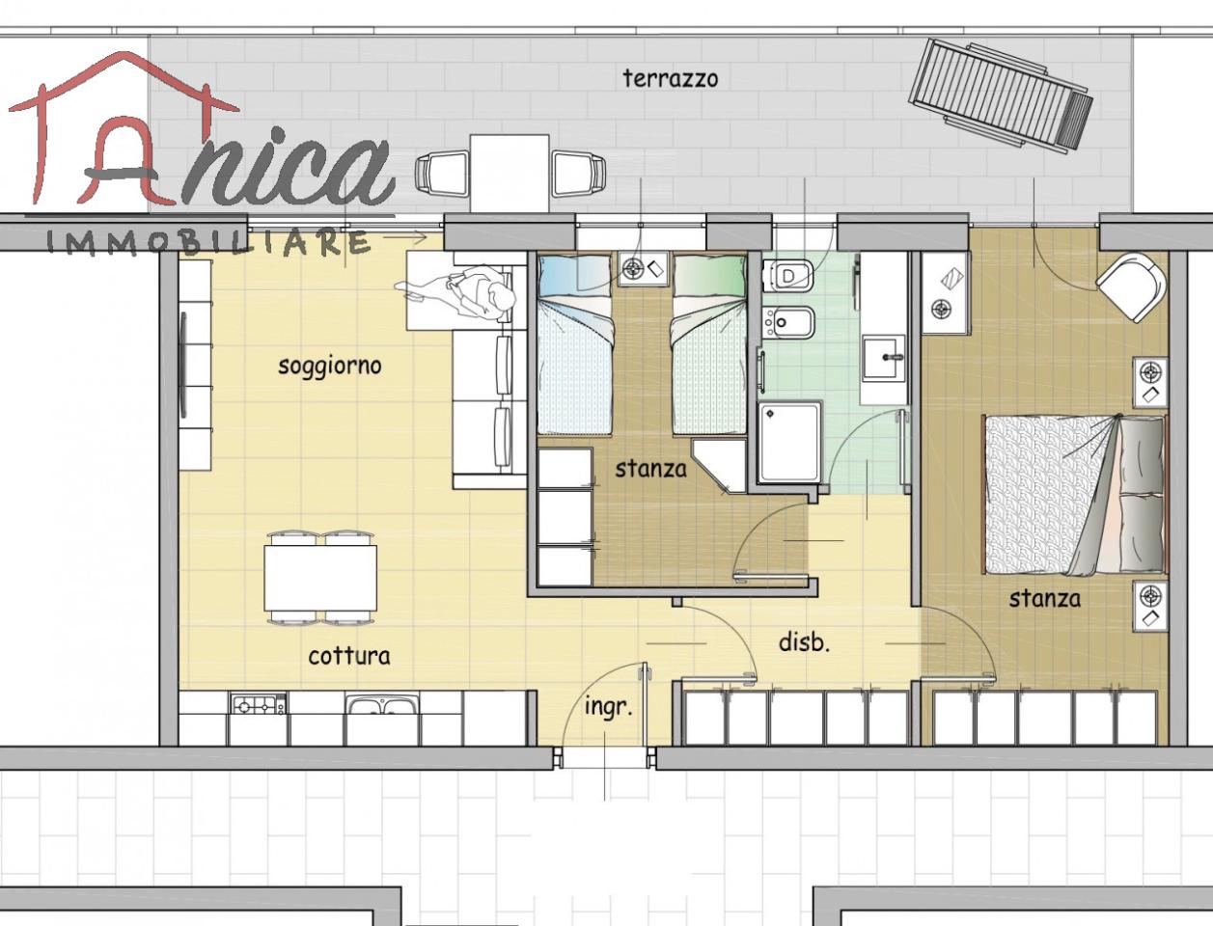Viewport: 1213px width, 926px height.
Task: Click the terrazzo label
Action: tap(671, 79)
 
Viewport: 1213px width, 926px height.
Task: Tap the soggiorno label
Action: tap(329, 367)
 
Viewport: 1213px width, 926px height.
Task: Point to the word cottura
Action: tap(349, 656)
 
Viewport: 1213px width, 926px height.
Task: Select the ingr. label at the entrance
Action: tap(608, 707)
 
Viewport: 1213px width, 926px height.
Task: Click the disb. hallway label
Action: tap(804, 642)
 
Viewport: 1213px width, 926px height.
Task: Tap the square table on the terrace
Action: tap(509, 173)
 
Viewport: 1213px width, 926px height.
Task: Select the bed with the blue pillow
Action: tap(575, 343)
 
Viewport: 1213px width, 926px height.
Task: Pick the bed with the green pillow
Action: tap(709, 343)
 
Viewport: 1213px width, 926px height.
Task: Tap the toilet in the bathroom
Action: tap(788, 275)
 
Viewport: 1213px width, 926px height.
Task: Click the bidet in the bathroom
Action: tap(788, 321)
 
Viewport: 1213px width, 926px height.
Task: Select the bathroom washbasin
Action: tap(884, 358)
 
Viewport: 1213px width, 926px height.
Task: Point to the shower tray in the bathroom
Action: tap(789, 443)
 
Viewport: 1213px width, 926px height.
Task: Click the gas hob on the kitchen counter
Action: tap(259, 704)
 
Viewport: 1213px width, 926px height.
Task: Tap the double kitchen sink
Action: tap(382, 705)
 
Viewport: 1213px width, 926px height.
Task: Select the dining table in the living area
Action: tap(320, 578)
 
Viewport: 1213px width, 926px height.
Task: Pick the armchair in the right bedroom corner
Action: tap(1131, 287)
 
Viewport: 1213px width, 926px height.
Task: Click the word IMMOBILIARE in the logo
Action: tap(207, 243)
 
